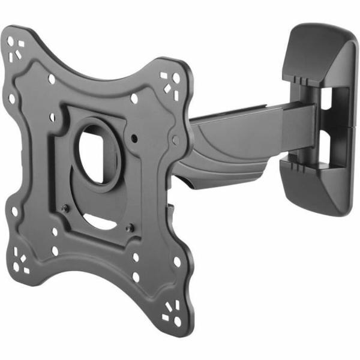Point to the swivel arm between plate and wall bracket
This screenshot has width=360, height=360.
(x=240, y=135)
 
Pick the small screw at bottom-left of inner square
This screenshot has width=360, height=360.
(x=67, y=208)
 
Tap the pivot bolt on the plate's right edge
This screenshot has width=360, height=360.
(x=175, y=139)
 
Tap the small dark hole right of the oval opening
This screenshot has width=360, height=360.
(x=136, y=137)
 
